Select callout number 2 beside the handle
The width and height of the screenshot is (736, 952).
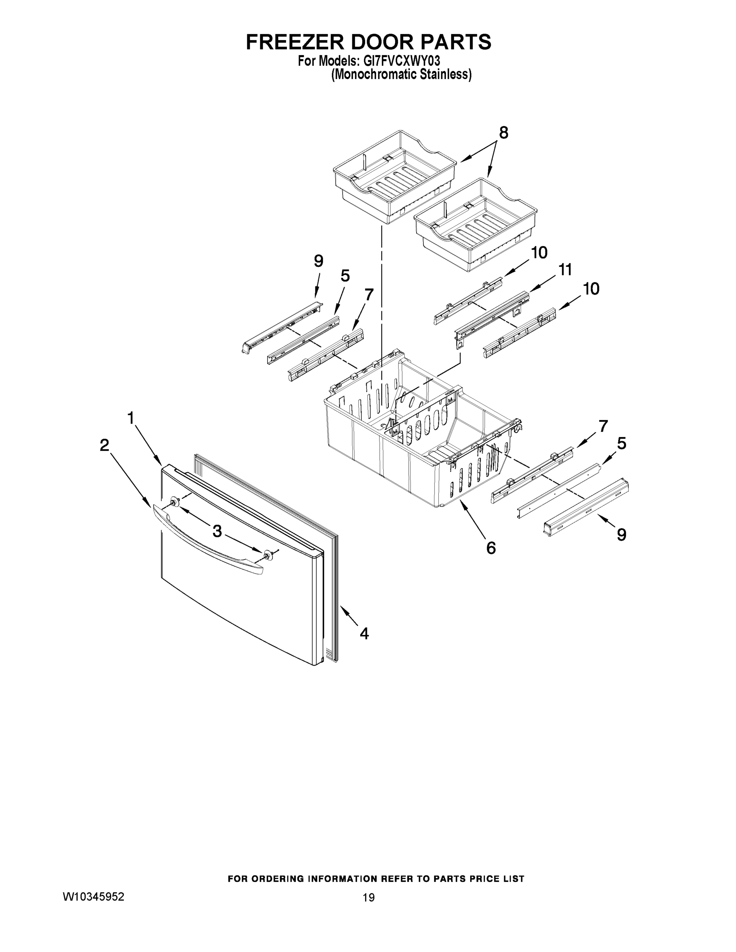(x=104, y=445)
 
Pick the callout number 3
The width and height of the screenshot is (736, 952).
(x=217, y=530)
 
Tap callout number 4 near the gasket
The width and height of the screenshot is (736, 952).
(x=364, y=633)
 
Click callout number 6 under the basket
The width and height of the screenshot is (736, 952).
(x=491, y=548)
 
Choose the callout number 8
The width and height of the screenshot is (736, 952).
(x=503, y=132)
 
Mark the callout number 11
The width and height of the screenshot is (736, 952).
(x=565, y=270)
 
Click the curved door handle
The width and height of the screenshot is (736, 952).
(x=205, y=539)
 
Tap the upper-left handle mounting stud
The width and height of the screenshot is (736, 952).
(x=175, y=503)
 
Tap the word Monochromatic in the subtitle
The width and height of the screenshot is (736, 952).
(x=374, y=75)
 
